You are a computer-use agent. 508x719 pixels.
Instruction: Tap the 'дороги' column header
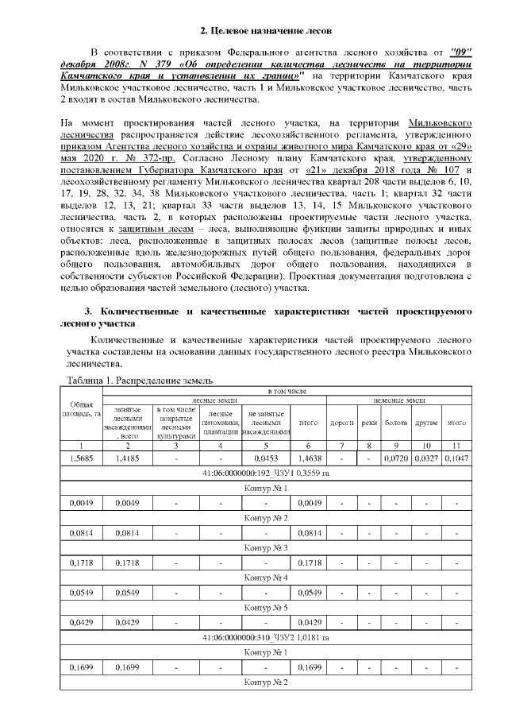pos(341,423)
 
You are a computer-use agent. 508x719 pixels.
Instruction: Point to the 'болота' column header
pos(395,423)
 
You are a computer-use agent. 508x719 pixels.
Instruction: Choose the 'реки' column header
pos(369,423)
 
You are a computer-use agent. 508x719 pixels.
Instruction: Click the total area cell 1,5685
pos(83,458)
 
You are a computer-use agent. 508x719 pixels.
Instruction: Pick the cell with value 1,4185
pos(129,458)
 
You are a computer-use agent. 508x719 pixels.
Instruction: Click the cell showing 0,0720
pos(395,458)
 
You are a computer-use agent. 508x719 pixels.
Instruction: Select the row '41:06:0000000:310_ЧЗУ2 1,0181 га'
pos(265,637)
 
